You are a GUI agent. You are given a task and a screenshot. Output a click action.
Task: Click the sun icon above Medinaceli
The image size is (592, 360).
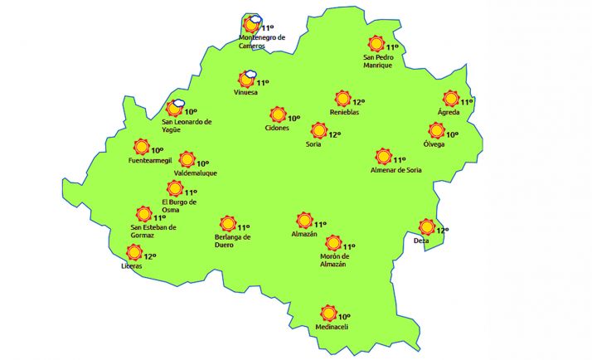coord(328,314)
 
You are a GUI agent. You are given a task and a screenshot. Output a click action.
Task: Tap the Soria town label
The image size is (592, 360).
coord(313,144)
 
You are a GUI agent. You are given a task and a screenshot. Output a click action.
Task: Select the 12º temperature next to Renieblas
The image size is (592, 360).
coord(358,102)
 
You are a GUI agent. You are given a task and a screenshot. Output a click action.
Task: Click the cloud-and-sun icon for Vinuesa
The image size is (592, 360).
coord(247,80)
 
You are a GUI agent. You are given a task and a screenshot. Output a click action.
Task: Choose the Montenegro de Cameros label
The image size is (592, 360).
coord(261,41)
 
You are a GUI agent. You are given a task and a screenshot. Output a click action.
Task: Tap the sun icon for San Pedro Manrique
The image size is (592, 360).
coord(376,45)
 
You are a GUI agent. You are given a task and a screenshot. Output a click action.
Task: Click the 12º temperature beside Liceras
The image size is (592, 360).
coord(150,255)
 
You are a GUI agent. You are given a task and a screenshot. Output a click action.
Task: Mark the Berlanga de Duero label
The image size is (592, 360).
coord(227,241)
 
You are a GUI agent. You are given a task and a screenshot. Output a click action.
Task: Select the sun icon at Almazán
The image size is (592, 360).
coord(303,221)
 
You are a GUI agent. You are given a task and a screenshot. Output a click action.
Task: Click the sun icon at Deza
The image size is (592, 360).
coord(427,227)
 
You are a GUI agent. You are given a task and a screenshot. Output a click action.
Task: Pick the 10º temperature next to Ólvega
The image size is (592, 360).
coord(452,134)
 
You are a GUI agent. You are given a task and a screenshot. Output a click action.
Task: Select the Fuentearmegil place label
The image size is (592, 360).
coord(150,160)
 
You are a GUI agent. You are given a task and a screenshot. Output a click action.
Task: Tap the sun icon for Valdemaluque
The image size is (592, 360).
coord(187,159)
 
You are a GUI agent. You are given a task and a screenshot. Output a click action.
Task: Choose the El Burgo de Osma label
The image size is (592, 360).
coord(178,206)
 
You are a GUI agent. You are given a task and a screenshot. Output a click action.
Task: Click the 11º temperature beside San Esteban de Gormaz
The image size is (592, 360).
coord(159,217)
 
